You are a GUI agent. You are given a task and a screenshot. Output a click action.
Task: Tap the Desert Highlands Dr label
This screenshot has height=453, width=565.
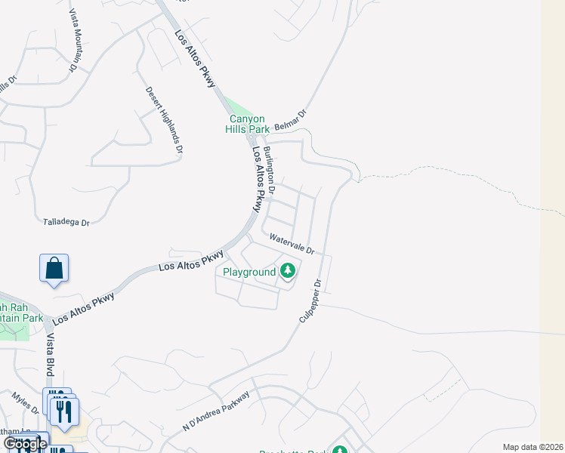coord(164,119)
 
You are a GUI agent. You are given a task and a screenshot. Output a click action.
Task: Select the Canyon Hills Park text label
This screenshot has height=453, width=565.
coord(247,124)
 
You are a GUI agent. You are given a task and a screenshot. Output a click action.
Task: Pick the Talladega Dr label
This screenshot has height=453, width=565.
coord(65,222)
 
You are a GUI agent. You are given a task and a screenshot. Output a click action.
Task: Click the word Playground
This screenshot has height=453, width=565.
coord(249,272)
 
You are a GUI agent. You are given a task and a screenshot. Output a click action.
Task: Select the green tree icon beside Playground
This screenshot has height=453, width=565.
coord(288,270)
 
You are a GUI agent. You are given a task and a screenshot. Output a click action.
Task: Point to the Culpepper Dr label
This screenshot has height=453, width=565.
coord(310,302)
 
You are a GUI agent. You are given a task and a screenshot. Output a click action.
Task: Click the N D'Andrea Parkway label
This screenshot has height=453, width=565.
coord(216,412)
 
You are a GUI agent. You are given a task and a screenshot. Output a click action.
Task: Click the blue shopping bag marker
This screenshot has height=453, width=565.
coord(54,269)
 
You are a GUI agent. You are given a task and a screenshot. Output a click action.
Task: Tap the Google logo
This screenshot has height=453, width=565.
coord(24,444)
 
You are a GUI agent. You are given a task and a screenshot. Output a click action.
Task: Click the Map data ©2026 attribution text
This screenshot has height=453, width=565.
coord(533,447)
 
